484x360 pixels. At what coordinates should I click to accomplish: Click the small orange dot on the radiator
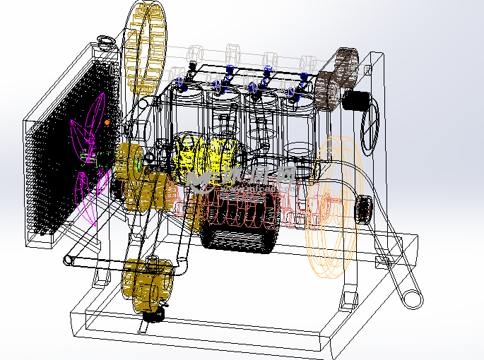[107, 122]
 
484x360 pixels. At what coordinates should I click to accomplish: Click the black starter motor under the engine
[237, 222]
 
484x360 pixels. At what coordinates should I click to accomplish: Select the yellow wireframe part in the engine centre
[208, 159]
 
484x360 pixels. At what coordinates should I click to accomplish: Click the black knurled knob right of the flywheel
[364, 208]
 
